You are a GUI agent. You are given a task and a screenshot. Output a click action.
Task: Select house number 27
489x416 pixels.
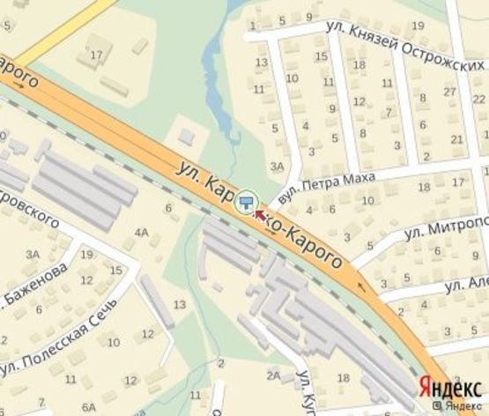(449, 92)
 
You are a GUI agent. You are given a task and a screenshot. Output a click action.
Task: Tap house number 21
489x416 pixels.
(456, 139)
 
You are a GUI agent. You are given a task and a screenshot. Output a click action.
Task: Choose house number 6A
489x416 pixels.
(88, 407)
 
